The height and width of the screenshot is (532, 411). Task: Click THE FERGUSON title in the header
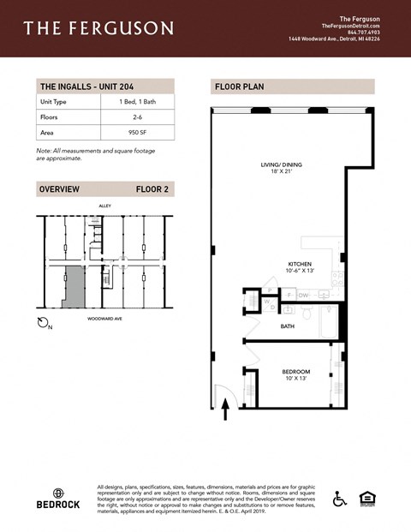point(98,28)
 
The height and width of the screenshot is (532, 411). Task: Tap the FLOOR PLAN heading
point(239,87)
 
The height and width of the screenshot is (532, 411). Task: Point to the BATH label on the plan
point(289,326)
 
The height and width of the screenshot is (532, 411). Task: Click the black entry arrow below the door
point(225,414)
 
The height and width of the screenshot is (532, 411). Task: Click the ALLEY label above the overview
point(105,206)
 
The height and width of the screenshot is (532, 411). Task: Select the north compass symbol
point(45,322)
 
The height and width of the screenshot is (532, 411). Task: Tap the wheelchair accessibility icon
point(340,498)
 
